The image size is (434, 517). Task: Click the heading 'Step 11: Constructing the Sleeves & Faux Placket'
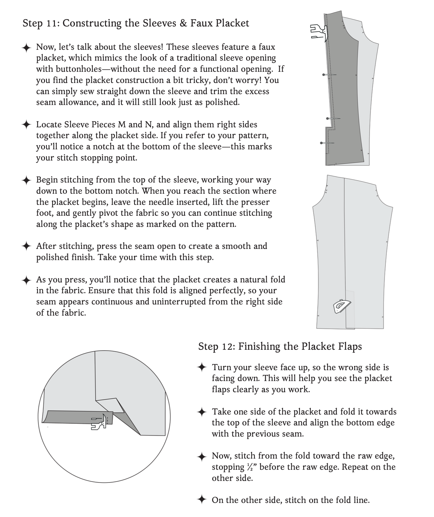pyautogui.click(x=136, y=23)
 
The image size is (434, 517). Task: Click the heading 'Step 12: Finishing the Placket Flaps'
pyautogui.click(x=280, y=346)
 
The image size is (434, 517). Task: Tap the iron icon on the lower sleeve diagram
pyautogui.click(x=341, y=306)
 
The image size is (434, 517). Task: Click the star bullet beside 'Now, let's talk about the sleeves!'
pyautogui.click(x=26, y=48)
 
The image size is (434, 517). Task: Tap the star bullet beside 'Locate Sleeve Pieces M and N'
pyautogui.click(x=26, y=125)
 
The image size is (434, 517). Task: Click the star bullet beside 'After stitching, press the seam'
pyautogui.click(x=26, y=246)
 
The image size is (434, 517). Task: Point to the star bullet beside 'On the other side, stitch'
pyautogui.click(x=202, y=500)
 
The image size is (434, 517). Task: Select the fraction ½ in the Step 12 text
pyautogui.click(x=251, y=467)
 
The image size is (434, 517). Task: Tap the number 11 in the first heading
pyautogui.click(x=52, y=23)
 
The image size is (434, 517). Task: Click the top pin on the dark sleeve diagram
pyautogui.click(x=329, y=74)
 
